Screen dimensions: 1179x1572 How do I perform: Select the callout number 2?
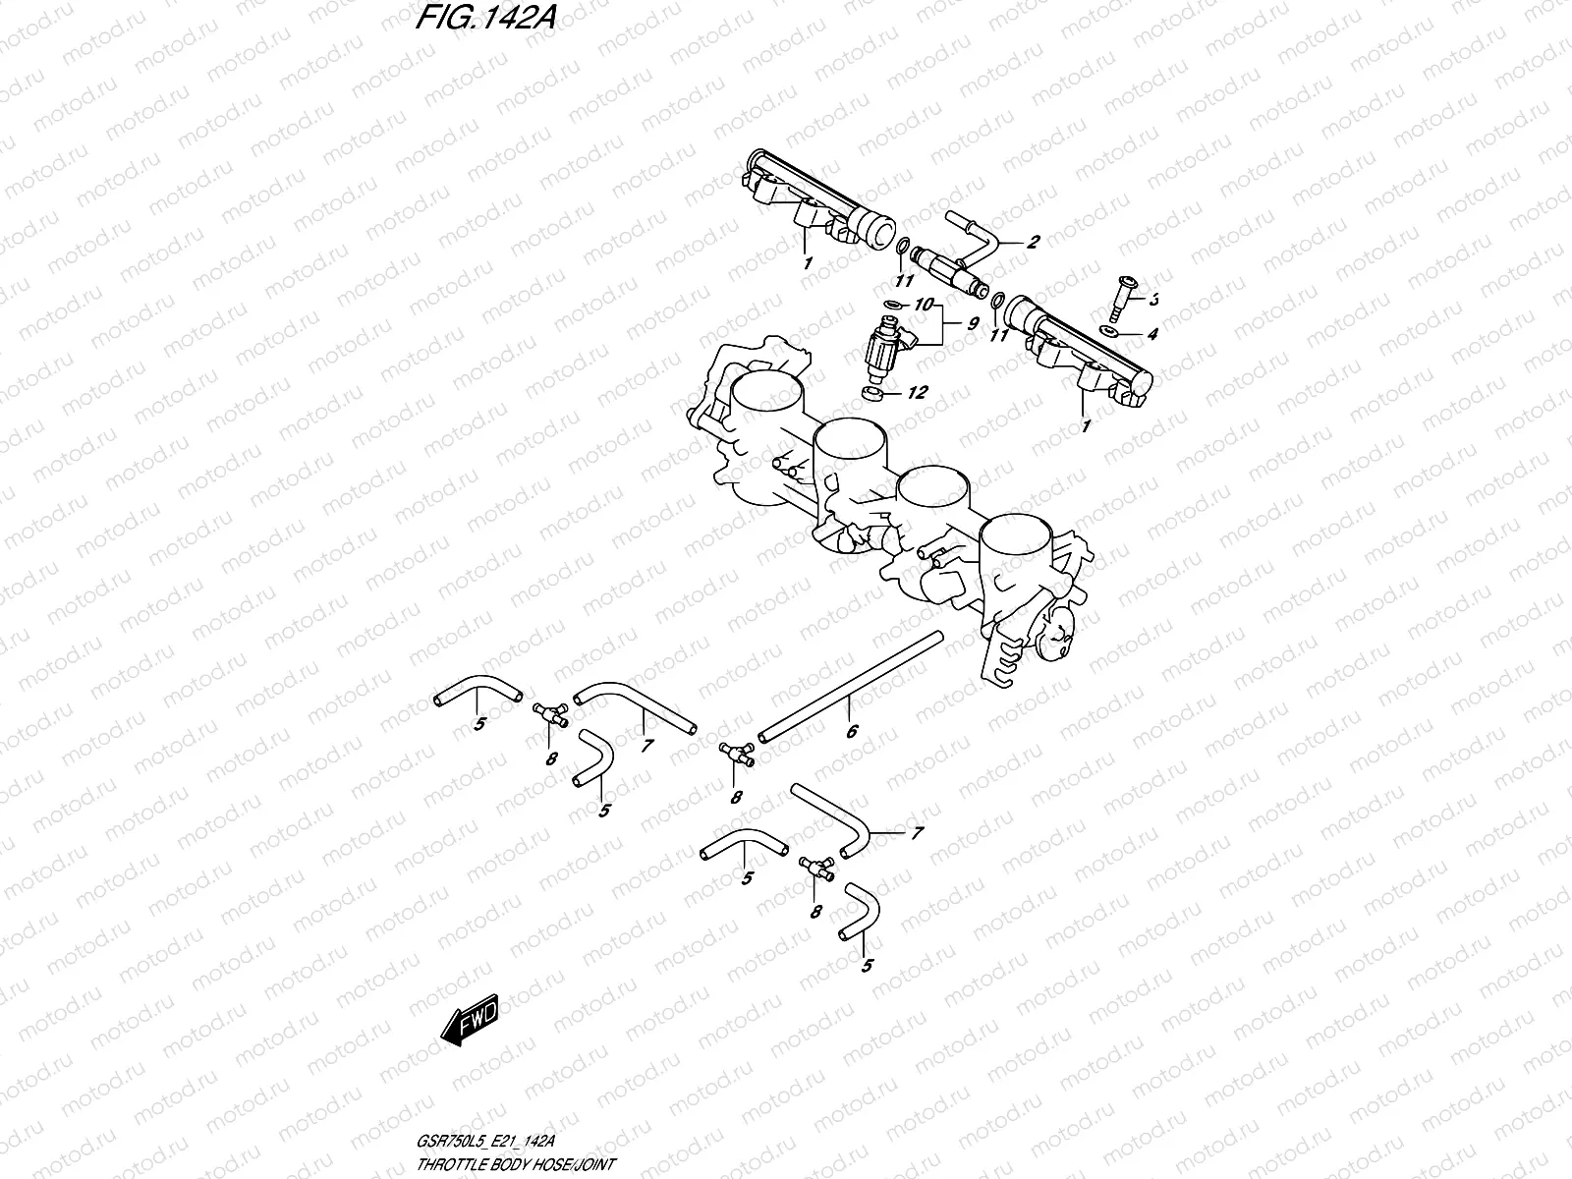[1033, 243]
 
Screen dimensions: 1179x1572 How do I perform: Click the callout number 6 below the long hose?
[852, 731]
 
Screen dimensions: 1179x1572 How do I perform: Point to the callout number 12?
[917, 393]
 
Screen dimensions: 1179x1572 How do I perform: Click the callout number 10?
[922, 306]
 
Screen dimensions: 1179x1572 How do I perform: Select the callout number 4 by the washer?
[1152, 334]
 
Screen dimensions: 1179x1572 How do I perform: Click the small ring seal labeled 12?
[870, 394]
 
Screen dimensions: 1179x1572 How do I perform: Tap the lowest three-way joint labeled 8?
[814, 866]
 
